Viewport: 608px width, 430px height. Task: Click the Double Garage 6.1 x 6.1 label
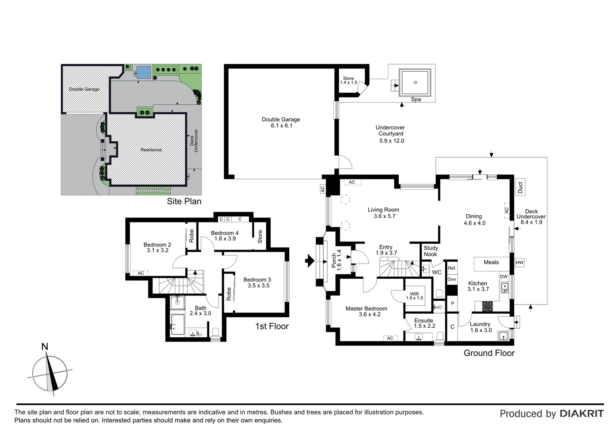(x=281, y=123)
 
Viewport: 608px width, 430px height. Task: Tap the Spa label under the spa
(x=415, y=100)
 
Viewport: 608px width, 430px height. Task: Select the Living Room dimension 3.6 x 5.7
(x=384, y=216)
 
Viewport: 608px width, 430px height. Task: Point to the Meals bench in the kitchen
(x=491, y=263)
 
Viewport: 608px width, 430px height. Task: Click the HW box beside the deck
(x=519, y=263)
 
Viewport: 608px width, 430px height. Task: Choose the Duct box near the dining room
(x=520, y=188)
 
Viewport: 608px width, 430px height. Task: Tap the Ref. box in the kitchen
(x=452, y=268)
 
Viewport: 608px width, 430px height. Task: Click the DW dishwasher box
(x=503, y=277)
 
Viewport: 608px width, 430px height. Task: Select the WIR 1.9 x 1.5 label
(x=414, y=296)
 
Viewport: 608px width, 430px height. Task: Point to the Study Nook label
(x=431, y=251)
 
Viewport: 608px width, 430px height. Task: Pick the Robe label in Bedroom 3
(x=229, y=294)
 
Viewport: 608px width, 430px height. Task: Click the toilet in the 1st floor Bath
(x=215, y=332)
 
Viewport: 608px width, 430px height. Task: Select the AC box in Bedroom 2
(x=141, y=273)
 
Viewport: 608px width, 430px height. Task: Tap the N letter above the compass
(x=45, y=347)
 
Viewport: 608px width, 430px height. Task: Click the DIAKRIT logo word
(x=581, y=414)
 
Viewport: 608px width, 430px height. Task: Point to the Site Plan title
(x=184, y=201)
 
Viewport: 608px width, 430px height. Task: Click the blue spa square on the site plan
(x=144, y=72)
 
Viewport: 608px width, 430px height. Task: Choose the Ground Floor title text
(x=489, y=353)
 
